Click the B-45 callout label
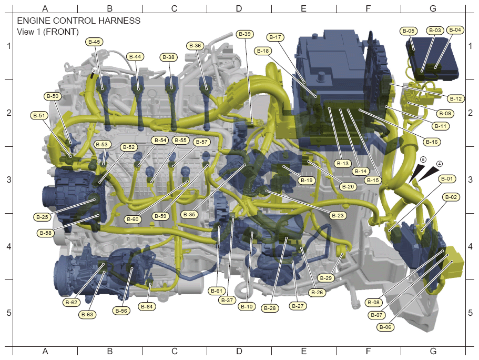tap(94, 42)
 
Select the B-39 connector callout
tap(245, 34)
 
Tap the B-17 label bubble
tap(275, 37)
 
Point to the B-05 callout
tap(409, 31)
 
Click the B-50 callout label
tap(53, 96)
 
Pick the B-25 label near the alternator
tap(42, 217)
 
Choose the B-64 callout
tap(147, 306)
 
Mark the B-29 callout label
tap(326, 278)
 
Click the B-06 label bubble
tap(385, 327)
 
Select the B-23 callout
tap(338, 215)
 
